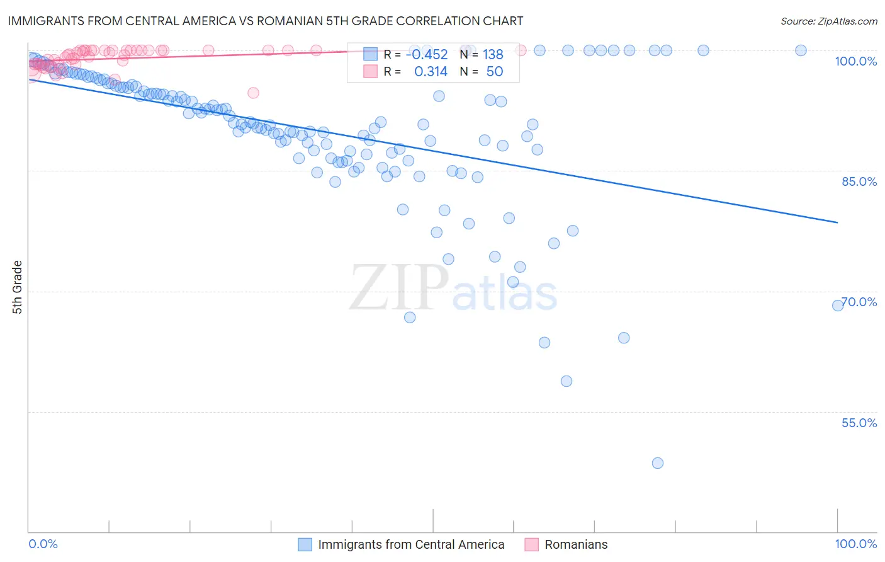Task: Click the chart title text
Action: (x=265, y=21)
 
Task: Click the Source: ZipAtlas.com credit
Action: (x=828, y=21)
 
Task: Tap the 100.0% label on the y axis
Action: (x=855, y=61)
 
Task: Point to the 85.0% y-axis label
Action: (x=859, y=181)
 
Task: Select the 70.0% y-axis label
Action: (x=859, y=302)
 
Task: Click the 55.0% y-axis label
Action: (x=859, y=423)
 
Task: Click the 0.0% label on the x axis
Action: (x=43, y=544)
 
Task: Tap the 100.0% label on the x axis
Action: (x=855, y=544)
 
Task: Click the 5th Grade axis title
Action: (x=17, y=287)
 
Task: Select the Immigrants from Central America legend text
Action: (x=411, y=544)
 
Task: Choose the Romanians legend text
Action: (x=576, y=544)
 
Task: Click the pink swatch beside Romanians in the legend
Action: (x=532, y=544)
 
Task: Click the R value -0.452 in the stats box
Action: (x=426, y=55)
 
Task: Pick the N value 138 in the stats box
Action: (x=493, y=55)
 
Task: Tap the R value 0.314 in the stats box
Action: (x=431, y=72)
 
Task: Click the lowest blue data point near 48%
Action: (x=658, y=463)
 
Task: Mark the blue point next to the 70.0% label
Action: (x=838, y=306)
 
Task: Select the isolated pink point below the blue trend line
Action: (x=253, y=93)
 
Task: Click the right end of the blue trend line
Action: (x=837, y=222)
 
